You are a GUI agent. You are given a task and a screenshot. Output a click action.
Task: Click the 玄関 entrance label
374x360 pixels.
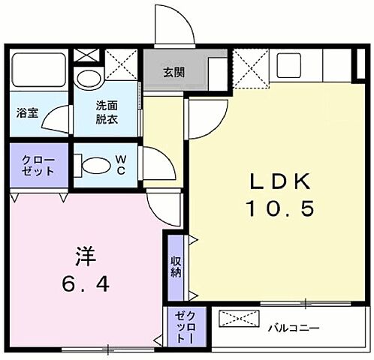(174, 73)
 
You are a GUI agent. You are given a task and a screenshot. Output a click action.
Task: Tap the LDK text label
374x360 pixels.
(279, 182)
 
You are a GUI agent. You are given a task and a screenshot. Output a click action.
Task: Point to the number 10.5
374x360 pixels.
(279, 208)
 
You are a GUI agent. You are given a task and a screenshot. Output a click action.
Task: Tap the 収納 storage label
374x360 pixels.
(175, 266)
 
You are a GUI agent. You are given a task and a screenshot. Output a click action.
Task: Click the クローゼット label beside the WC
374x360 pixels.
(38, 165)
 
